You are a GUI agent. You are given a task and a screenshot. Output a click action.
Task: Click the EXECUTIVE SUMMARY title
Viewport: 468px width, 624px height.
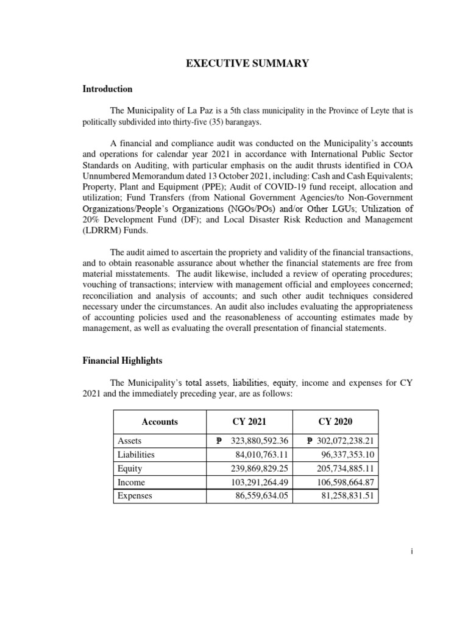(247, 63)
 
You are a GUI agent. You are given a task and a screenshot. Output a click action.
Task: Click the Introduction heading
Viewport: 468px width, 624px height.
(107, 89)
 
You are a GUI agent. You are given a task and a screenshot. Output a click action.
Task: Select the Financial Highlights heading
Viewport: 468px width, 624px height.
(122, 361)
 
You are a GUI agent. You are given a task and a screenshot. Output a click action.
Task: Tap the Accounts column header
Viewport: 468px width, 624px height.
(160, 422)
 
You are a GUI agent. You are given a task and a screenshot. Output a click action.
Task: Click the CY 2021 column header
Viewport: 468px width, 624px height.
(249, 422)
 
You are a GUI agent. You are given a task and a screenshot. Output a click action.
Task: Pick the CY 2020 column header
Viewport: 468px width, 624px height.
(336, 422)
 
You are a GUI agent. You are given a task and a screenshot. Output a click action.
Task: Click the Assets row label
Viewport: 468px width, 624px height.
(129, 441)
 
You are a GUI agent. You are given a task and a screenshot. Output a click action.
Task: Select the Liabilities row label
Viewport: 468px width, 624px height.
(134, 455)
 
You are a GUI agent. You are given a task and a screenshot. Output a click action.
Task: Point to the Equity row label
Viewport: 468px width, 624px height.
(129, 469)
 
